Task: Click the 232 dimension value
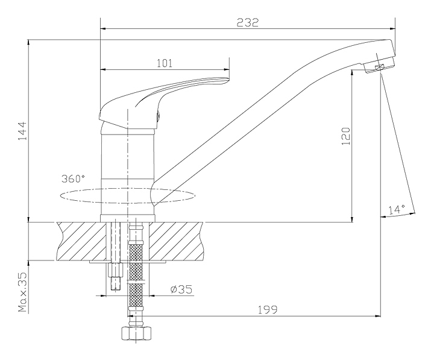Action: point(248,22)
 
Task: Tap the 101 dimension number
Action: point(165,63)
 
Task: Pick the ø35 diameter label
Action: point(181,289)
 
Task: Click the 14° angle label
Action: point(396,210)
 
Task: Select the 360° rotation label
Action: point(73,179)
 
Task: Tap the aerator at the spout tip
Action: point(379,67)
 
